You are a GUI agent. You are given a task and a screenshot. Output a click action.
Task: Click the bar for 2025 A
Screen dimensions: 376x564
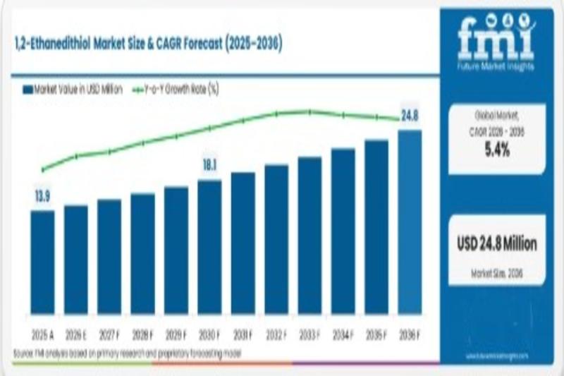(42, 262)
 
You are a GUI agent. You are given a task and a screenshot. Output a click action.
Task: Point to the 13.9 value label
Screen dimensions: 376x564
(42, 197)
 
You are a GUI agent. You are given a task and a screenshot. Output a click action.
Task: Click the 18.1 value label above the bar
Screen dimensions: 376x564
(209, 166)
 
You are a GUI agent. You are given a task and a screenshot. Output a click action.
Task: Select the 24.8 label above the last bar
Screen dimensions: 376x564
(410, 116)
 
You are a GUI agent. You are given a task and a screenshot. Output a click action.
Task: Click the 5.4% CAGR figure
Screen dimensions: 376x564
(497, 149)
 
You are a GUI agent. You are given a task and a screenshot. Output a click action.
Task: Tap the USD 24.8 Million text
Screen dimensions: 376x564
(497, 244)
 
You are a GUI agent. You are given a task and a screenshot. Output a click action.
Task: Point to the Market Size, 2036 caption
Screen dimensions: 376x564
(497, 272)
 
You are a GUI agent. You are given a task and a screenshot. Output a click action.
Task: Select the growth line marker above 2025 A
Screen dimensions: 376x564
(42, 169)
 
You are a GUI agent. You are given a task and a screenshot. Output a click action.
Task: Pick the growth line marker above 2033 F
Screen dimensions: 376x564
(309, 111)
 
